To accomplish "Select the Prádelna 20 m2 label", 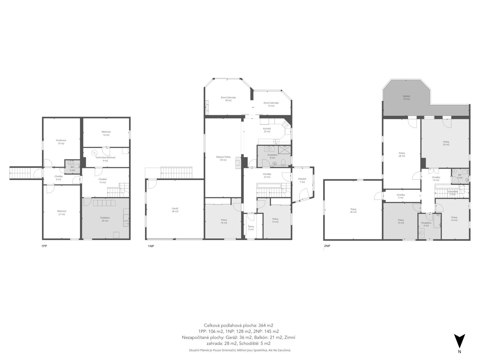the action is [105, 219].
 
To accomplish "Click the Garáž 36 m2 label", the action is [175, 210].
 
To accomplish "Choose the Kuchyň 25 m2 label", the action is [267, 130].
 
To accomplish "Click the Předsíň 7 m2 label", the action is [302, 180].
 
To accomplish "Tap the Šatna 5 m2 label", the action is [251, 228].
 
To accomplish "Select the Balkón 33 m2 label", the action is [406, 97].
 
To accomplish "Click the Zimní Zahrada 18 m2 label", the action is [228, 99].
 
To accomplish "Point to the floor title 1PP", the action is [44, 246].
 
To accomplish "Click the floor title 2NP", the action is [327, 246].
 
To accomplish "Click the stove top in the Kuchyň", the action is [285, 124].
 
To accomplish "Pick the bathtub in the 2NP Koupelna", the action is [437, 221].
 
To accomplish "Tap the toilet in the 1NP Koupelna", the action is [283, 162].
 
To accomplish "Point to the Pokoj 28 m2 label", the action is [402, 154].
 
